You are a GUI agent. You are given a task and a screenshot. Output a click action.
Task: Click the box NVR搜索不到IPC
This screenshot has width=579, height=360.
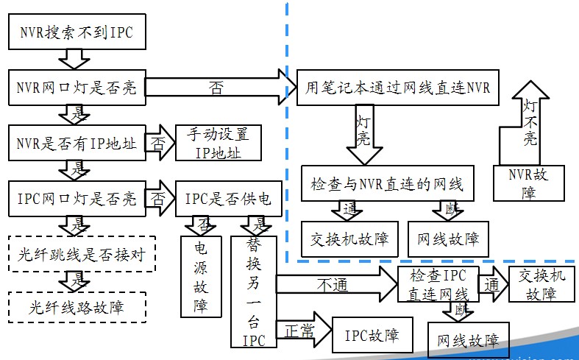(x=77, y=33)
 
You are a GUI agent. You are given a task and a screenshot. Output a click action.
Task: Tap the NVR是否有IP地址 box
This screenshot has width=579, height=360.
(x=77, y=144)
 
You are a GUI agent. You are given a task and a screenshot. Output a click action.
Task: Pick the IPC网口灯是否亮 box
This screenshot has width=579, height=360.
(x=77, y=199)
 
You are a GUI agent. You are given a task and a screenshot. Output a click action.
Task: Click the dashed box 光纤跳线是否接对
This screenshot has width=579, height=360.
(x=77, y=255)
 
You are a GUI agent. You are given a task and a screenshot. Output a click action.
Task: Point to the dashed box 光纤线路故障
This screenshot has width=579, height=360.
(x=77, y=307)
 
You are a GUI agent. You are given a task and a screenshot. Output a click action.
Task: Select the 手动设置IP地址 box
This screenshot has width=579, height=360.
(x=219, y=144)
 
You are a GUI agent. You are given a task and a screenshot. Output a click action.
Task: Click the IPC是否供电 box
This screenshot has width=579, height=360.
(x=227, y=199)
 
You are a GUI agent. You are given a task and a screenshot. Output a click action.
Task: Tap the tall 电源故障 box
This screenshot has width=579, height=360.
(x=201, y=276)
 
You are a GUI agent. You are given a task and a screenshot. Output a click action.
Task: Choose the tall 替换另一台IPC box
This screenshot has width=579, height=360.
(x=252, y=292)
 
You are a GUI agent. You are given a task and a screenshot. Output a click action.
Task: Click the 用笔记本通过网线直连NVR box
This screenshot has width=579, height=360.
(x=397, y=88)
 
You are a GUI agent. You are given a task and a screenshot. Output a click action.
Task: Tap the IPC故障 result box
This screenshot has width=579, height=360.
(x=372, y=336)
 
